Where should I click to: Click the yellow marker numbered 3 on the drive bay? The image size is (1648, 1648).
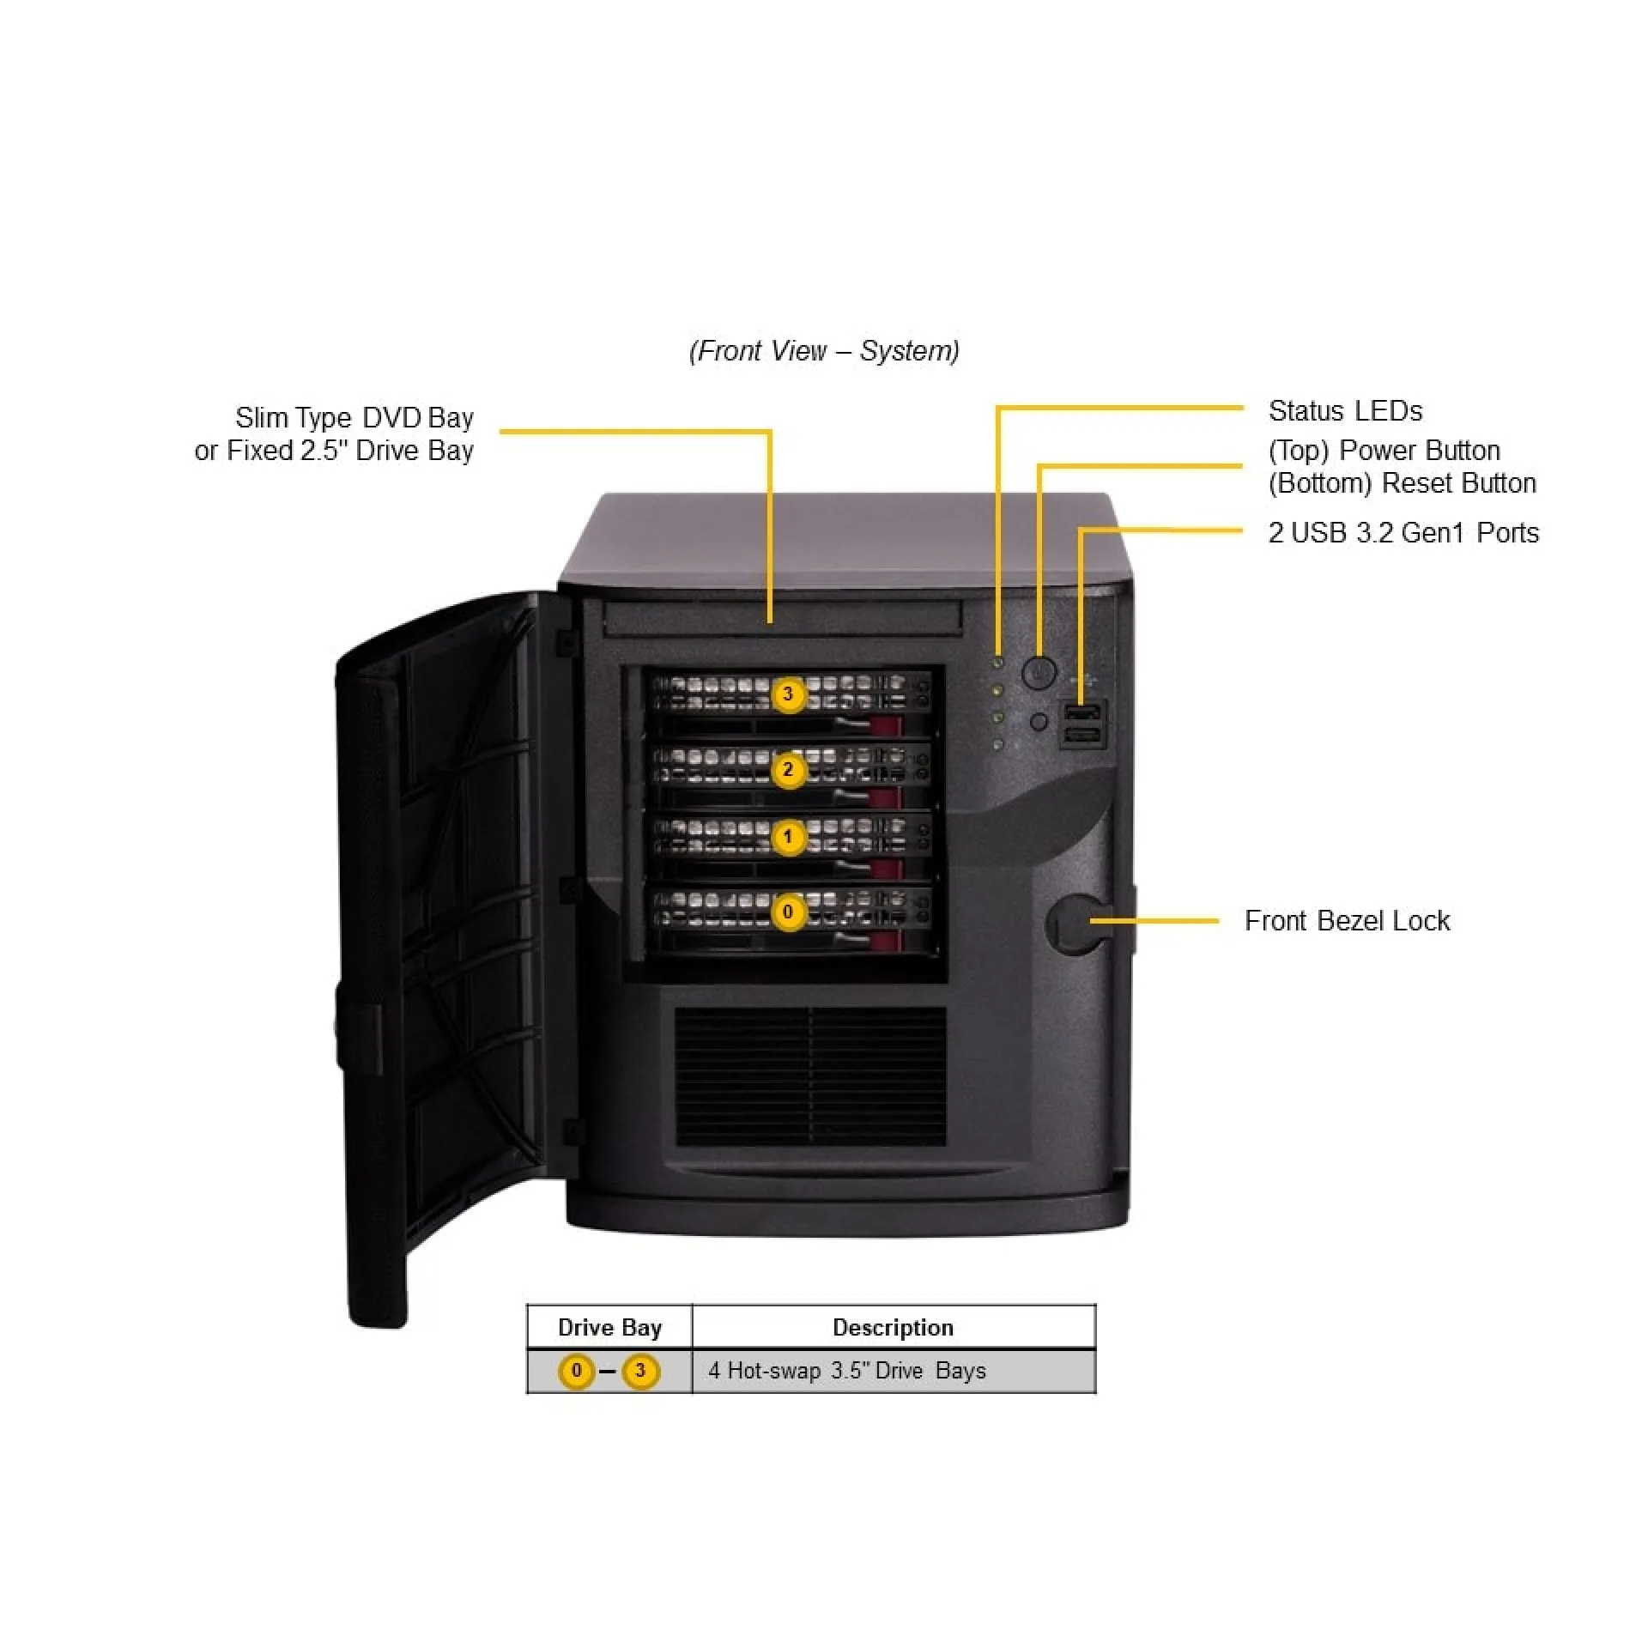tap(788, 694)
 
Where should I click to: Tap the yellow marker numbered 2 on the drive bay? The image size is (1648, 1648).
tap(788, 769)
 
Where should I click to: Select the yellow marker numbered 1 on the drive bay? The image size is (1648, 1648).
tap(788, 837)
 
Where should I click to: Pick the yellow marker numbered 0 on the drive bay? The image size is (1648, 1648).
tap(788, 912)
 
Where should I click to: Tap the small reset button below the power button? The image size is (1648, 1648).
tap(1039, 722)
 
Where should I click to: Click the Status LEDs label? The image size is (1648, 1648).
tap(1345, 411)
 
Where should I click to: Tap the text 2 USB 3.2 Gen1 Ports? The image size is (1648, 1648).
tap(1403, 533)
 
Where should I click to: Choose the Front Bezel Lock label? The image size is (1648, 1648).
tap(1347, 921)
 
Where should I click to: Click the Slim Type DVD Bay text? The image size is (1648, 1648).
tap(354, 418)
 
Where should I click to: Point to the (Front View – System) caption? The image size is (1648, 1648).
tap(824, 351)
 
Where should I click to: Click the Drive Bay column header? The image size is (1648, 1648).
tap(609, 1327)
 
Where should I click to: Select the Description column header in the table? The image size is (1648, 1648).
tap(893, 1327)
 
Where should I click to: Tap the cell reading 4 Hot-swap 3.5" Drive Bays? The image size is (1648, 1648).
tap(846, 1371)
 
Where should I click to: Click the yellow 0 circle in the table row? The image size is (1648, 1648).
tap(577, 1371)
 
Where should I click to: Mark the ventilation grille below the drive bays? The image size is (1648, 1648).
tap(810, 1076)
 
